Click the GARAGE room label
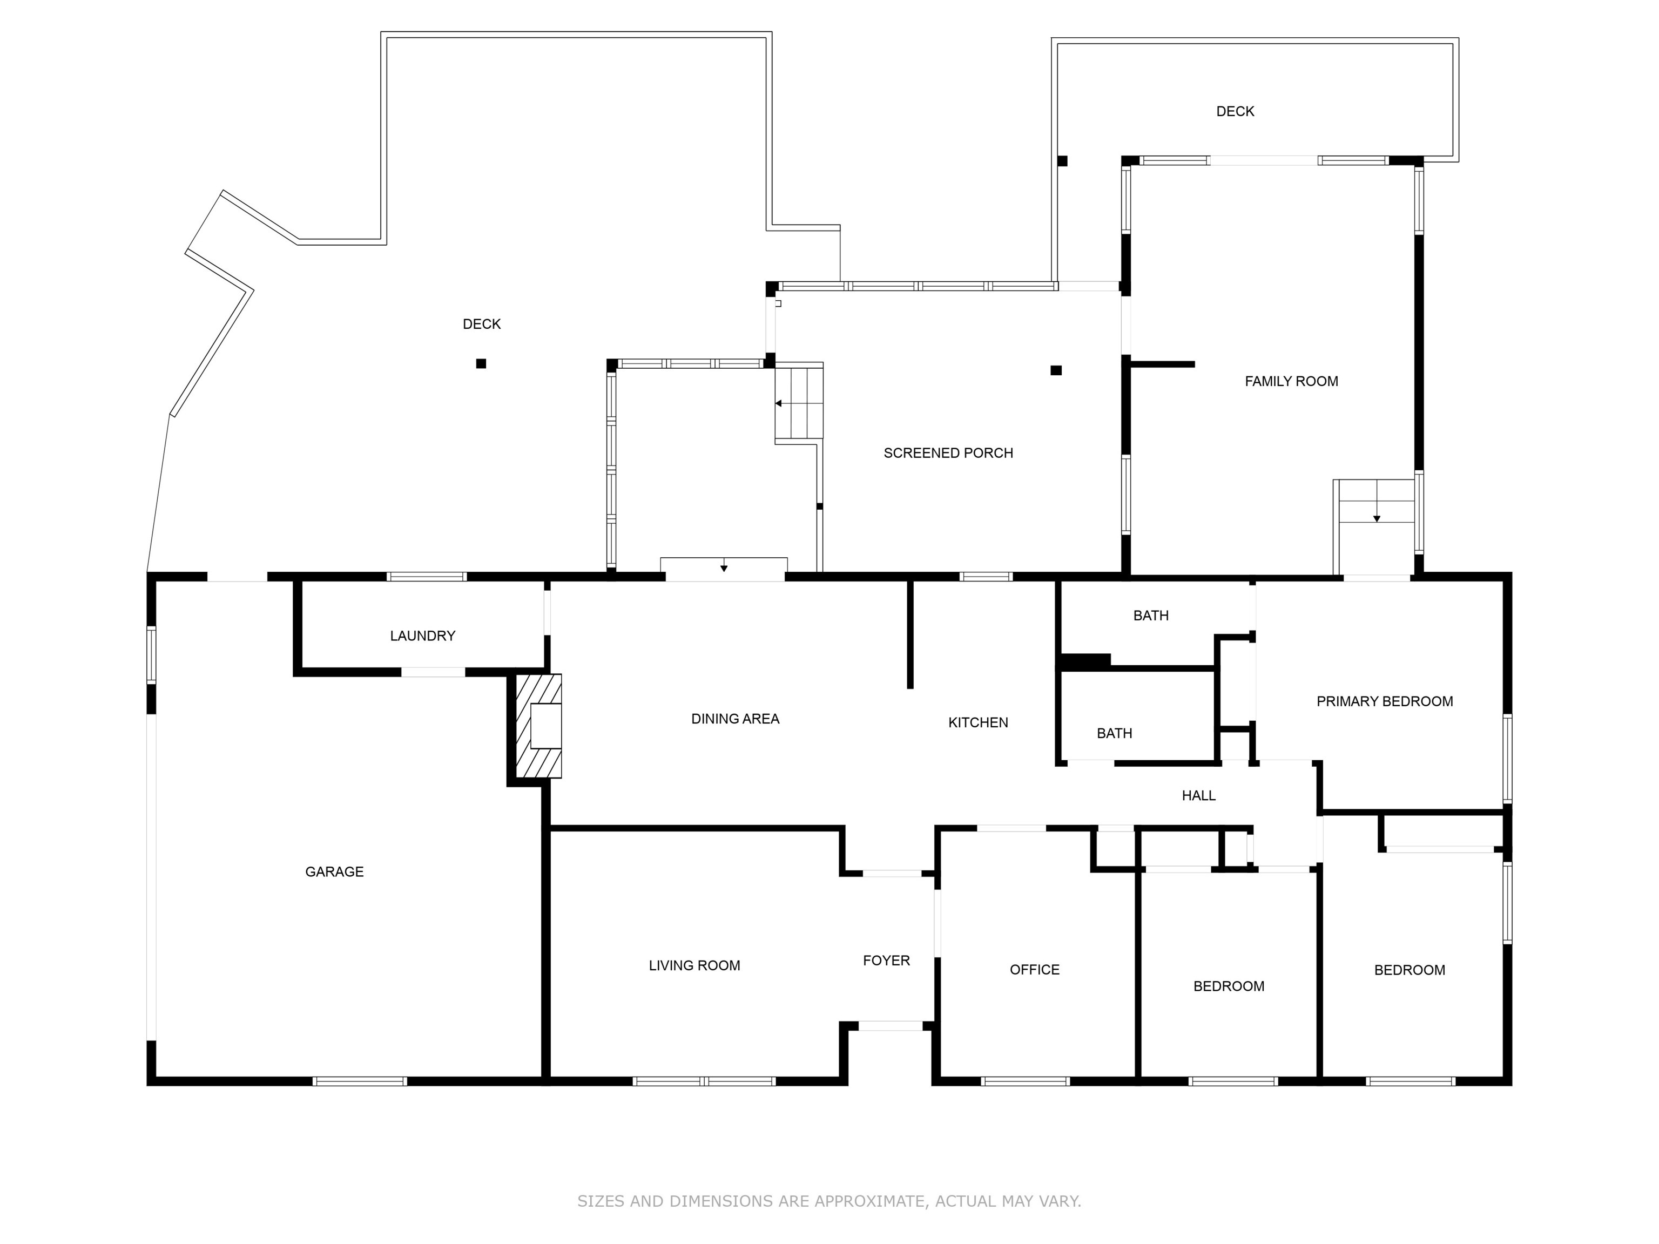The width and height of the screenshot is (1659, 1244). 334,871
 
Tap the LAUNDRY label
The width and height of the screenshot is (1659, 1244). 422,636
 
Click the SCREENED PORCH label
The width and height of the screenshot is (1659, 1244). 948,453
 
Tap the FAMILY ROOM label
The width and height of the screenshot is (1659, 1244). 1291,381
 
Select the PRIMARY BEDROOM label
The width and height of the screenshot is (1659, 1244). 1385,701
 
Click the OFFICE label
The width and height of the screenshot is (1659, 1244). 1034,970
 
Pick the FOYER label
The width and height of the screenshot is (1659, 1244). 886,961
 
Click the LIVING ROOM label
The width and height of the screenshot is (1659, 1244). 694,966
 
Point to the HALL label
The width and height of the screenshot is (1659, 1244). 1198,796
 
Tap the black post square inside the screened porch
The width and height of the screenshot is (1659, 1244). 1056,370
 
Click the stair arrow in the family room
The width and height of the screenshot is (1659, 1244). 1376,518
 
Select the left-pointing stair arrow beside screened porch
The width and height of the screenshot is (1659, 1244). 779,403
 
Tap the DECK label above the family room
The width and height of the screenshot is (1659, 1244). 1235,111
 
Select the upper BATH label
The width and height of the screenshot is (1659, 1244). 1150,616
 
